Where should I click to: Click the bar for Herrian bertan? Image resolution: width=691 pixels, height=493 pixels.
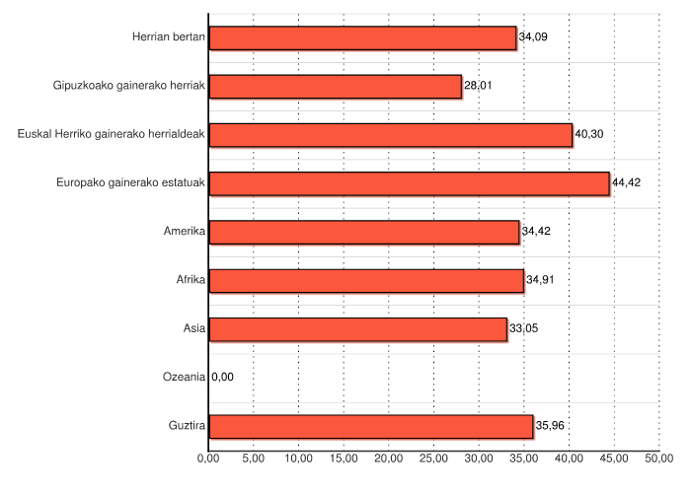(362, 37)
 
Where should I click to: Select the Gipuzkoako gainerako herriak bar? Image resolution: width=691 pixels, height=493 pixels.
(336, 86)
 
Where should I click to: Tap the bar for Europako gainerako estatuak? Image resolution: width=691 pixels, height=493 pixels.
(409, 183)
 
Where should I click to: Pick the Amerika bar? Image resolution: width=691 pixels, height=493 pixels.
(364, 232)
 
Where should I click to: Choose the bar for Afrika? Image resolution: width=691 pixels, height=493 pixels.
(366, 280)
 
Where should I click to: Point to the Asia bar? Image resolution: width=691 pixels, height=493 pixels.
(357, 328)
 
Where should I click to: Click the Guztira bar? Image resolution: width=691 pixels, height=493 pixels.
(371, 426)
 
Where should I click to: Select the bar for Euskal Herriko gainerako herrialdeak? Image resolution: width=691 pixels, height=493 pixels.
(391, 134)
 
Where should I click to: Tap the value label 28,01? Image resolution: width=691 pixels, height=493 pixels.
(479, 86)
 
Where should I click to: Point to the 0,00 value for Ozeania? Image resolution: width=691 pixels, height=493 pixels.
(223, 377)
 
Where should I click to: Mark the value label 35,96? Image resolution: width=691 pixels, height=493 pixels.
(551, 426)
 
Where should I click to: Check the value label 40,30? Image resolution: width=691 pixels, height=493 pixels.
(589, 134)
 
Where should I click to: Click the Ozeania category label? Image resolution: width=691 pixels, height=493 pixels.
(183, 377)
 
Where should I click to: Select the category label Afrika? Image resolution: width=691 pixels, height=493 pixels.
(191, 280)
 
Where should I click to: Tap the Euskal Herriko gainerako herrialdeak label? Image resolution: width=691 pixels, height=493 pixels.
(112, 134)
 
